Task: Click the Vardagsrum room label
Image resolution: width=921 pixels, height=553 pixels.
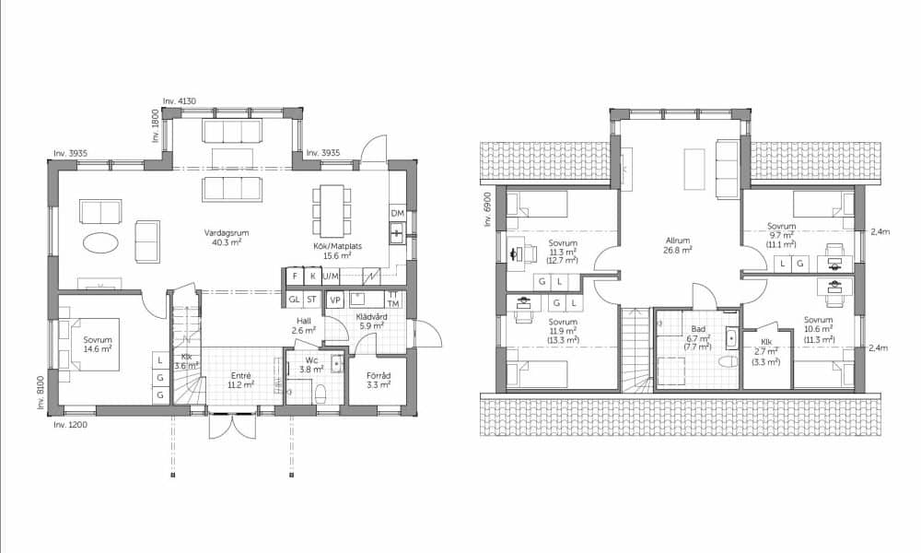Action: tap(223, 233)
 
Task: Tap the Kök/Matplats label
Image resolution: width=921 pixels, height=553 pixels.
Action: tap(337, 246)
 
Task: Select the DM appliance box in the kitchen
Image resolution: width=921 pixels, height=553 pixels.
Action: tap(398, 213)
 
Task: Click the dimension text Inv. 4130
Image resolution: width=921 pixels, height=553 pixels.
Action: tap(180, 101)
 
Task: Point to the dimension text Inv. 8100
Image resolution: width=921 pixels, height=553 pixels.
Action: tap(41, 392)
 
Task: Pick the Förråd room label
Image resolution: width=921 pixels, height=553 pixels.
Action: tap(379, 375)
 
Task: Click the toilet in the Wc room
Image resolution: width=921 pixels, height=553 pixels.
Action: tap(321, 394)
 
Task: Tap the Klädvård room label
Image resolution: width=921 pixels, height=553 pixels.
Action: tap(371, 317)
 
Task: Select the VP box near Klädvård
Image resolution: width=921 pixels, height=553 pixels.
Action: tap(335, 300)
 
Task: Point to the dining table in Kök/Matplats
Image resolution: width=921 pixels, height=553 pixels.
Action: tap(332, 210)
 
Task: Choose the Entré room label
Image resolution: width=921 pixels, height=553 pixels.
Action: tap(240, 375)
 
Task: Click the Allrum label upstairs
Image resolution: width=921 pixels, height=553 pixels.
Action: tap(678, 241)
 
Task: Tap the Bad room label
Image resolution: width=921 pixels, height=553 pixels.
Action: tap(698, 329)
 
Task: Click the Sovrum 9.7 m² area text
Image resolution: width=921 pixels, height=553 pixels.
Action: tap(781, 234)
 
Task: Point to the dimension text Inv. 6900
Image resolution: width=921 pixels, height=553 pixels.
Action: tap(487, 210)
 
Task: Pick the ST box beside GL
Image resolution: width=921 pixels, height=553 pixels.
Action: tap(312, 300)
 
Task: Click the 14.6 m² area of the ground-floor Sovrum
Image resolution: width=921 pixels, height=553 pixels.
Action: tap(98, 348)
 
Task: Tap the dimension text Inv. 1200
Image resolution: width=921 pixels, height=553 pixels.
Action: tap(71, 424)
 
